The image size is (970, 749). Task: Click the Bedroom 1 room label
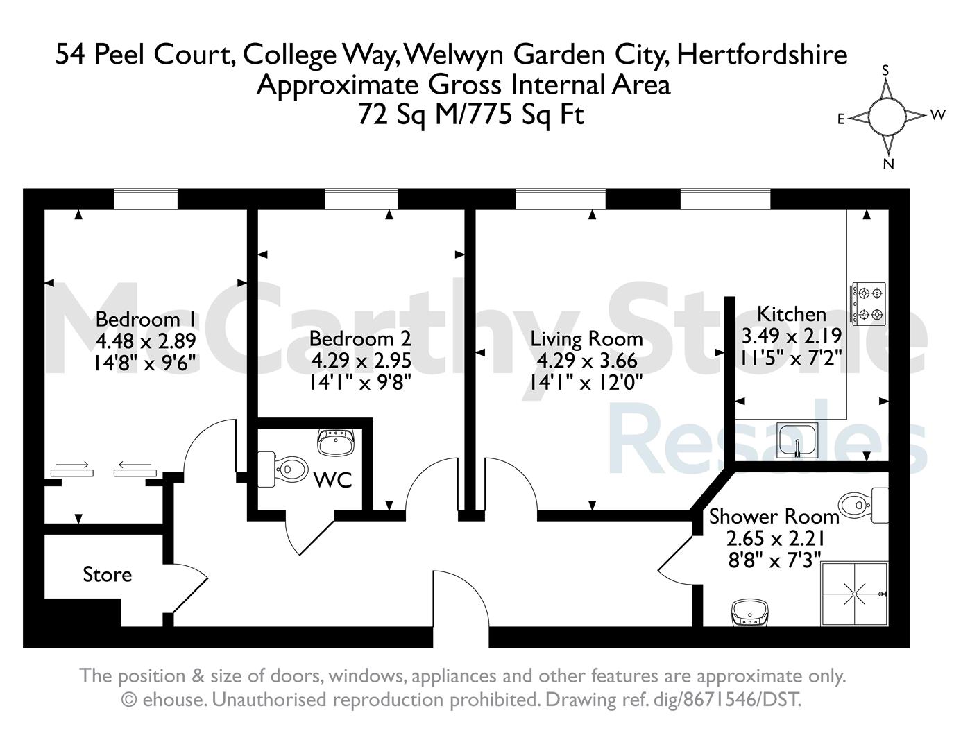point(145,320)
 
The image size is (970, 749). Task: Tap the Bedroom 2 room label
point(360,338)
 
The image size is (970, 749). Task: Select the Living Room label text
point(586,340)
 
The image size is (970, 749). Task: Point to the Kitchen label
point(792,314)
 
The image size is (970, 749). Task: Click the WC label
point(333,480)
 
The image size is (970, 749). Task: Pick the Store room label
point(107,574)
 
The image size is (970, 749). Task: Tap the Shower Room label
point(774,517)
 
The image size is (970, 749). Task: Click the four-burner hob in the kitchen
point(867,303)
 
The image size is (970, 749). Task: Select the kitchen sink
point(797,441)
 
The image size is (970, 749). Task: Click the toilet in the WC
point(283,470)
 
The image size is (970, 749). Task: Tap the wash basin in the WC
point(335,442)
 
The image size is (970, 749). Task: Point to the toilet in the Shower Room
point(863,506)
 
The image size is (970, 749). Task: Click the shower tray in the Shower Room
point(854,594)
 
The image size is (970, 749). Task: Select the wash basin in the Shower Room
point(750,613)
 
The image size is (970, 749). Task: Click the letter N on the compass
point(888,164)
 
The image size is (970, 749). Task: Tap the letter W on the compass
point(938,114)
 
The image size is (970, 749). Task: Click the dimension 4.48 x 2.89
point(146,341)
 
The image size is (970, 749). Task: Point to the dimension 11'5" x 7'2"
point(792,358)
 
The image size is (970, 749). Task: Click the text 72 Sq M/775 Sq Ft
point(471,115)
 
